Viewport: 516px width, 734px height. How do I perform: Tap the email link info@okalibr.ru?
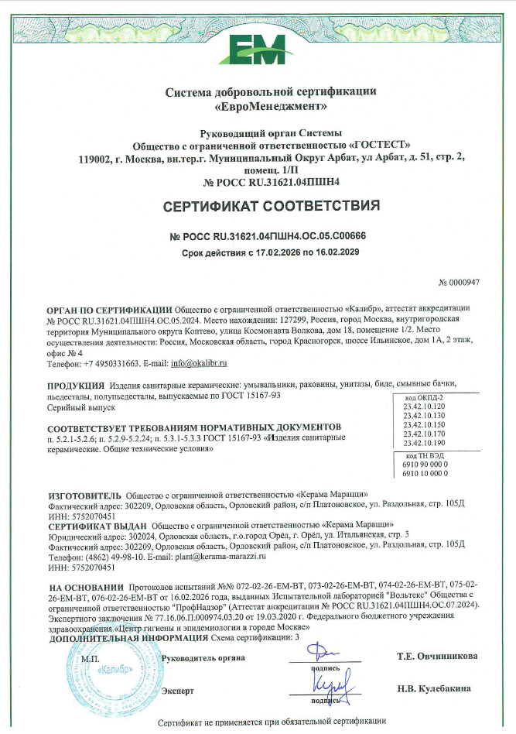click(x=199, y=362)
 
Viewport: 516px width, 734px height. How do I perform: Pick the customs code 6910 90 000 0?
click(x=425, y=463)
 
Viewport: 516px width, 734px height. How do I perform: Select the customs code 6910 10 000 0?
click(x=425, y=472)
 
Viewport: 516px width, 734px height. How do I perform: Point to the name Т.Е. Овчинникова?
click(x=437, y=657)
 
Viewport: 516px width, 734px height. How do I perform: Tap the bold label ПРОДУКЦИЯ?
click(x=76, y=385)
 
